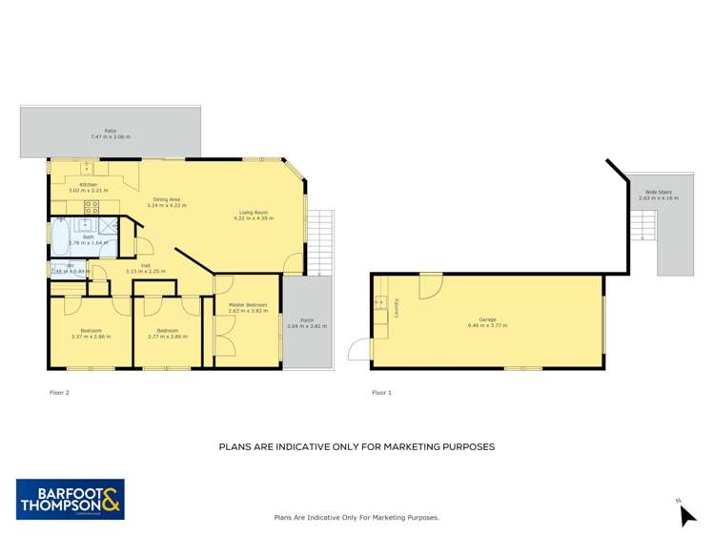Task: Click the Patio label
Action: (x=110, y=132)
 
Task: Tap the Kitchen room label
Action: (x=89, y=184)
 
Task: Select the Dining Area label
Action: (x=167, y=198)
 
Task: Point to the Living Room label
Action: (x=253, y=212)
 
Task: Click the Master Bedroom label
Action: (x=248, y=305)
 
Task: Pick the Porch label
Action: (x=307, y=320)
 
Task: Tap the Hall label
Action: (x=146, y=265)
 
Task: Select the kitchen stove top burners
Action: (x=92, y=206)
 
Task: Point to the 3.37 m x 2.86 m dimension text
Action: (x=91, y=337)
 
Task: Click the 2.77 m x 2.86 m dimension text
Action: (x=168, y=337)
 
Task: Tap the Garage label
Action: (x=487, y=320)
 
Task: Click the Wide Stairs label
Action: (x=659, y=192)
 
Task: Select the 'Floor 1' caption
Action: (x=381, y=392)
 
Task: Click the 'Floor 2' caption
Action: (x=59, y=392)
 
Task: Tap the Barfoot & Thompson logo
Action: (x=71, y=499)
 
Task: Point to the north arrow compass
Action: (x=686, y=514)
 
